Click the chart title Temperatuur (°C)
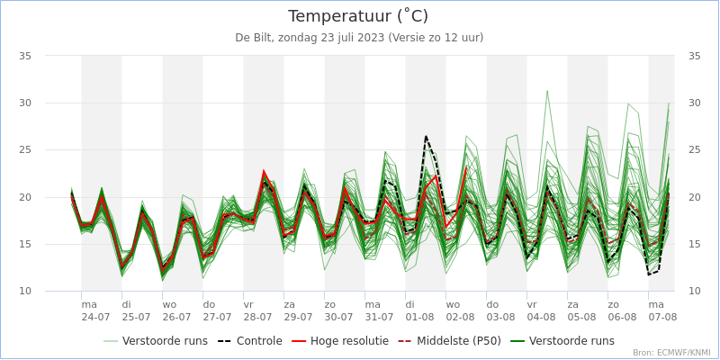(x=358, y=16)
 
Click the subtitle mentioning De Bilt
(x=359, y=38)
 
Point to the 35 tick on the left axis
(x=25, y=56)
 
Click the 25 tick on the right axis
(x=694, y=150)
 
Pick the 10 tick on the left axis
(x=25, y=292)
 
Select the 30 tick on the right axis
(x=694, y=103)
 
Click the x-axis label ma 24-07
(x=95, y=310)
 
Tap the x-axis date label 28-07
(x=257, y=317)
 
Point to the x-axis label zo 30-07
(x=338, y=310)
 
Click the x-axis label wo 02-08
(x=460, y=310)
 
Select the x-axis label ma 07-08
(x=662, y=310)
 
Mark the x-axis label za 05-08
(x=581, y=310)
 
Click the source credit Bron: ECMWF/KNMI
(x=670, y=353)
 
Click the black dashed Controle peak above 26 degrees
(x=426, y=136)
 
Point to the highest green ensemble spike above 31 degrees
(x=546, y=90)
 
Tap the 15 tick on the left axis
(x=25, y=245)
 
